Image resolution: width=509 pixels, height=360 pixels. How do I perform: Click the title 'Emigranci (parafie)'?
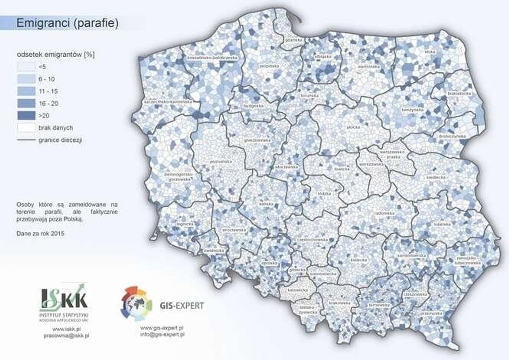click(67, 24)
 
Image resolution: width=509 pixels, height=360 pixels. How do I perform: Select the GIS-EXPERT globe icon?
click(137, 304)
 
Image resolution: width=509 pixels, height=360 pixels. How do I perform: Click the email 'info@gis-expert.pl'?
click(162, 334)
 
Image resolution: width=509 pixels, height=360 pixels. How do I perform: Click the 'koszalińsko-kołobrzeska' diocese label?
click(212, 59)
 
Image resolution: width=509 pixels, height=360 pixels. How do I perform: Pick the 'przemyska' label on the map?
click(430, 313)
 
